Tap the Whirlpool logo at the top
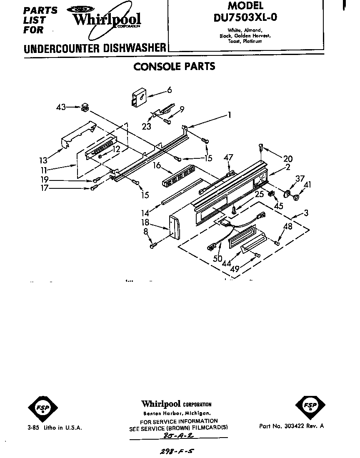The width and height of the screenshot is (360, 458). tap(107, 19)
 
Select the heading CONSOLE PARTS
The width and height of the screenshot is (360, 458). tap(174, 66)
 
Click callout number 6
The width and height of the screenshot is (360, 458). tap(169, 90)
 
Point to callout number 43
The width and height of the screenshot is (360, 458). tap(61, 107)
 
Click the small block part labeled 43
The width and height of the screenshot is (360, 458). tap(85, 107)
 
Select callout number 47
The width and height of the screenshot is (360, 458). tap(229, 158)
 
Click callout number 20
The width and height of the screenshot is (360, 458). tap(288, 159)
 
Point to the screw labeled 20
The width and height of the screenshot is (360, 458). tap(261, 147)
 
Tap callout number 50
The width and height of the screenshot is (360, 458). tap(217, 258)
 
